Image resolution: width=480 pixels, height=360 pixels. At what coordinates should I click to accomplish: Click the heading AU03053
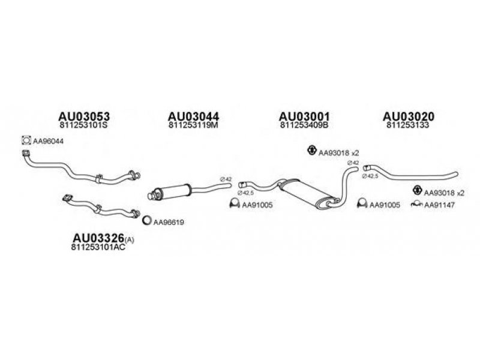click(x=84, y=116)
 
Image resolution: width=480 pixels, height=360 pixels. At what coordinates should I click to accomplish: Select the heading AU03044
click(x=193, y=116)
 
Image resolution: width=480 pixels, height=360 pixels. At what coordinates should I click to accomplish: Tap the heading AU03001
click(x=305, y=116)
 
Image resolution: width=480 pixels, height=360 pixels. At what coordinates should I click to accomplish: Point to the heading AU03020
click(x=409, y=116)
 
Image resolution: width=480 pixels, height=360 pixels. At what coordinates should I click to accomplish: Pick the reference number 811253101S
click(x=84, y=127)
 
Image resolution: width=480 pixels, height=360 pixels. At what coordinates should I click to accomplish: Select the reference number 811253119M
click(x=193, y=127)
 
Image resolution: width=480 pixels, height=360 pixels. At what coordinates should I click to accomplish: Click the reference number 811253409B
click(x=304, y=127)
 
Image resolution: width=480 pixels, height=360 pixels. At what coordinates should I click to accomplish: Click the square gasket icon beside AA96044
click(x=26, y=141)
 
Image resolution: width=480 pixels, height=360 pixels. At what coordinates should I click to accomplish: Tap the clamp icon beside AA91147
click(x=416, y=205)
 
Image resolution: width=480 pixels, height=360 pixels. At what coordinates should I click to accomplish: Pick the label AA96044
click(x=48, y=141)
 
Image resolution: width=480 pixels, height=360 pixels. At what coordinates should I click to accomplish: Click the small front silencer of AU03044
click(x=175, y=189)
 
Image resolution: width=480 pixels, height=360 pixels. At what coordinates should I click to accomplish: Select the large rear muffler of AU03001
click(x=307, y=194)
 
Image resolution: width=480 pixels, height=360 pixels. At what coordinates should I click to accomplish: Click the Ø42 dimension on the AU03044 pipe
click(x=226, y=178)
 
